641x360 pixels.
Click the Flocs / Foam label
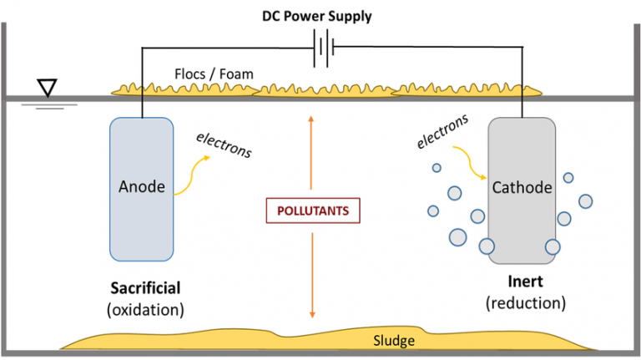pyautogui.click(x=213, y=74)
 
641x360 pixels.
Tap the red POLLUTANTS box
pyautogui.click(x=314, y=210)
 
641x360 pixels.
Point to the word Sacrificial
pyautogui.click(x=145, y=288)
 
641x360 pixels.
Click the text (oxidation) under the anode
pyautogui.click(x=145, y=310)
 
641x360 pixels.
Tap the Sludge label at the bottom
pyautogui.click(x=394, y=340)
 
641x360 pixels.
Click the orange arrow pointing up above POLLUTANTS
pyautogui.click(x=310, y=155)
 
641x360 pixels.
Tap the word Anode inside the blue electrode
pyautogui.click(x=142, y=186)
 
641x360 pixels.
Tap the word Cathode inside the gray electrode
pyautogui.click(x=522, y=188)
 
